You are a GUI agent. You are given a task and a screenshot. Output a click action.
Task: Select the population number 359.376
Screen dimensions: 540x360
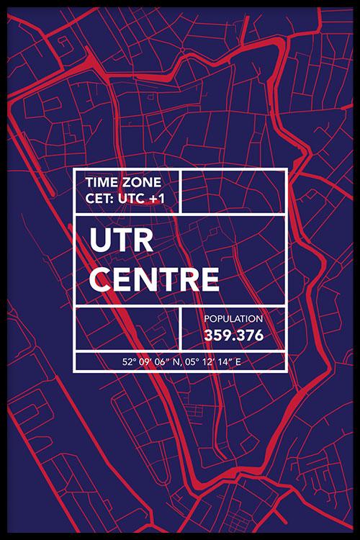coord(233,336)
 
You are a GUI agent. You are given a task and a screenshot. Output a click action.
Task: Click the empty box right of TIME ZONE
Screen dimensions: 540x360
coord(233,191)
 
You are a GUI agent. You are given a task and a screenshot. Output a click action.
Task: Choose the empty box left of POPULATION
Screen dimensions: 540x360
coord(127,328)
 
